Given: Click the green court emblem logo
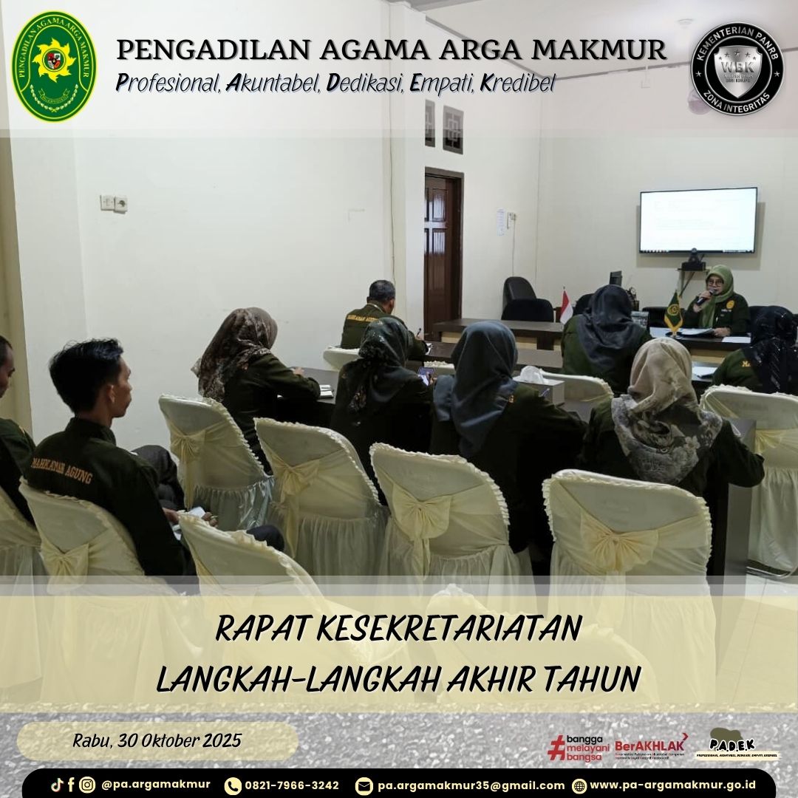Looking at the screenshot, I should click(x=53, y=66).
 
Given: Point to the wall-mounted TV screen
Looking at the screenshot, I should click(x=698, y=220).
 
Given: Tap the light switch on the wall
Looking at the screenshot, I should click(x=114, y=203).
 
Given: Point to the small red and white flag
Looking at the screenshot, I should click(x=566, y=306).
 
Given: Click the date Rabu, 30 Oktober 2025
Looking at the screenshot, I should click(x=157, y=740).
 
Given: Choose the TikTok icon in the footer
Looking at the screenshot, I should click(x=57, y=785).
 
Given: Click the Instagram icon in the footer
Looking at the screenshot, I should click(x=87, y=785).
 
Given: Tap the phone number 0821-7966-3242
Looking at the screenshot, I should click(x=292, y=785).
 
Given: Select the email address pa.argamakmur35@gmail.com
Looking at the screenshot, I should click(x=471, y=785).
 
